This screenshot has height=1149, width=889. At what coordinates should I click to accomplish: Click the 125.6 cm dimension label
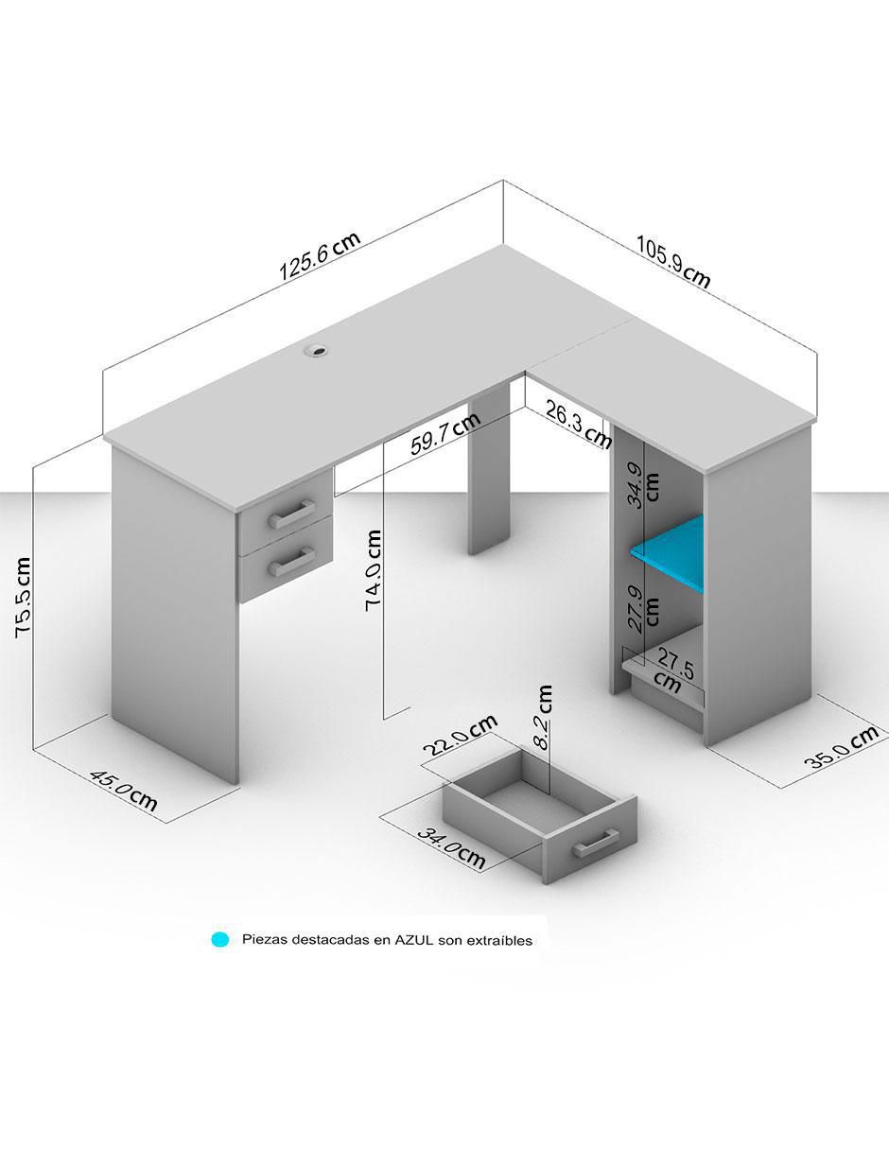point(320,256)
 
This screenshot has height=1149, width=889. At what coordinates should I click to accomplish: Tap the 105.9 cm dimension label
point(673,262)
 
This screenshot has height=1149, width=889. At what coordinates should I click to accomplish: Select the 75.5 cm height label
point(24,598)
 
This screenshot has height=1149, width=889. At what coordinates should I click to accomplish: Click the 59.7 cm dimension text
point(445,433)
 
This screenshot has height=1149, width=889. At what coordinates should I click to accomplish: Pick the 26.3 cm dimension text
point(578,424)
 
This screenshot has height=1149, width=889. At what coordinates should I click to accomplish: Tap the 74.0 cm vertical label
point(374,570)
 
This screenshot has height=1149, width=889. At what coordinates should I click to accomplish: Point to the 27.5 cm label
point(673,673)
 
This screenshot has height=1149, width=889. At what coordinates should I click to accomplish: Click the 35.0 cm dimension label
point(841,748)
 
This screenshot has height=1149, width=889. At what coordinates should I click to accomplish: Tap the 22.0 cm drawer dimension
point(461,736)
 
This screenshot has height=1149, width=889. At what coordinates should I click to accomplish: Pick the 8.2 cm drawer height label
point(543,717)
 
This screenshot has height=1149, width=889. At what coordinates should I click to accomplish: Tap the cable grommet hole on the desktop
point(316,350)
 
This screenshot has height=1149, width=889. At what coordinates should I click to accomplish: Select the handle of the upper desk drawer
point(291,514)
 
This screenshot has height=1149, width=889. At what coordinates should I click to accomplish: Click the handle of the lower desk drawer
point(291,562)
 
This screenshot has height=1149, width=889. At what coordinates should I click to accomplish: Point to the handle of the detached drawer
point(595,844)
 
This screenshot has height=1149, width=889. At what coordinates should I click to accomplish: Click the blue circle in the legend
point(219,940)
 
